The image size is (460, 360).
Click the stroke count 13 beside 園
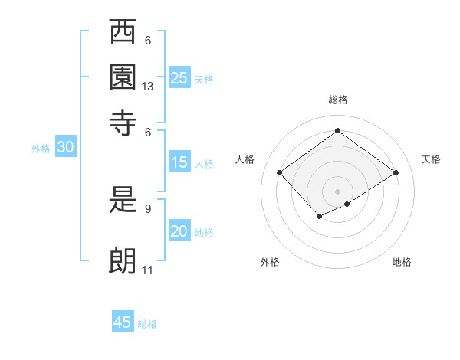click(x=148, y=87)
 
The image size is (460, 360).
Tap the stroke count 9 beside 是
click(x=148, y=207)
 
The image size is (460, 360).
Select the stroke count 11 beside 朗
click(x=148, y=270)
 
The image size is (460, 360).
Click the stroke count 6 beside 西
click(x=148, y=41)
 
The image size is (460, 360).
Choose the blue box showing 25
click(x=179, y=78)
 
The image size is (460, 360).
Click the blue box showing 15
click(x=179, y=162)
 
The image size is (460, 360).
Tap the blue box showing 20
click(x=179, y=232)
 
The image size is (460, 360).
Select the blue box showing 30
click(x=65, y=148)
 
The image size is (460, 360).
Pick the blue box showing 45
click(x=123, y=322)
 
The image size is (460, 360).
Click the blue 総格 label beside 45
click(x=147, y=324)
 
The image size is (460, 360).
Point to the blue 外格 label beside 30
click(x=41, y=149)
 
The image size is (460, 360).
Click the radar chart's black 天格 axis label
click(x=432, y=159)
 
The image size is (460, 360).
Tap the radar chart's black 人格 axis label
click(x=245, y=159)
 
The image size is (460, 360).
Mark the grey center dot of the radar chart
click(x=337, y=190)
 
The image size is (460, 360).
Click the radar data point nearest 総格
click(x=337, y=130)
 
